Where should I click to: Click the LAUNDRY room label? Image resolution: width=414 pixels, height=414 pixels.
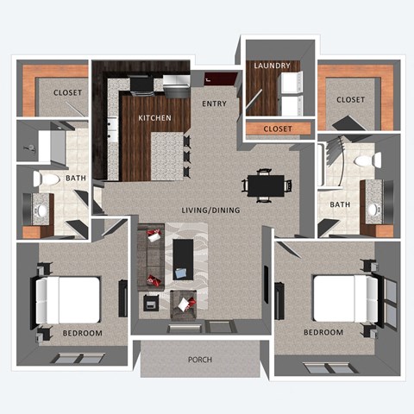(x=272, y=66)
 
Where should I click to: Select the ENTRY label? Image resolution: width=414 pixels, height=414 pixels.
(x=214, y=103)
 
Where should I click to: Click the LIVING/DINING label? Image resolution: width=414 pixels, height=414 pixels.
(x=210, y=210)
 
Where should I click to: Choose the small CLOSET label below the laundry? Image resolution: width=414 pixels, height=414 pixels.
(x=278, y=129)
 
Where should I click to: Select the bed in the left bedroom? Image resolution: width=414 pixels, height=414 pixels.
(x=72, y=298)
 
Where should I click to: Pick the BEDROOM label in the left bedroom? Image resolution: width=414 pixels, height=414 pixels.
(x=83, y=333)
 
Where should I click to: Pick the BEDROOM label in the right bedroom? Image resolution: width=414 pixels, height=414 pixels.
(x=323, y=332)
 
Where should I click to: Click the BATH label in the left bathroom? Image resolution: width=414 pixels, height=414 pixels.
(x=77, y=179)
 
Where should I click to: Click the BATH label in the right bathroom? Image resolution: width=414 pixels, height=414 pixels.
(x=339, y=204)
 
